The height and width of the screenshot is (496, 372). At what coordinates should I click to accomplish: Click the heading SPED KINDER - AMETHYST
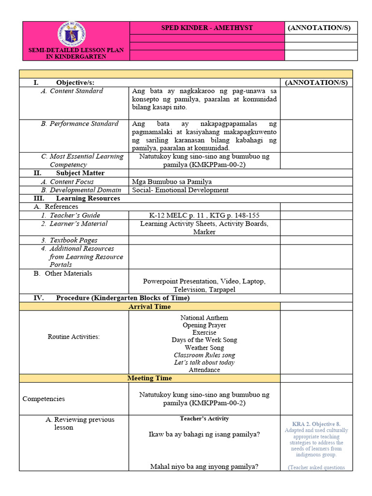(207, 28)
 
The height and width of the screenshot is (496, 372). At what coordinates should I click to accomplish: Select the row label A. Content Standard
(76, 91)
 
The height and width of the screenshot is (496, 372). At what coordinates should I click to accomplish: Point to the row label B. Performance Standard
(79, 124)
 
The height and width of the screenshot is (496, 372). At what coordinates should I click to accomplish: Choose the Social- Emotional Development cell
(180, 190)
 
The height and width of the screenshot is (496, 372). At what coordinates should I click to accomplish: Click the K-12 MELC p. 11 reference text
(204, 215)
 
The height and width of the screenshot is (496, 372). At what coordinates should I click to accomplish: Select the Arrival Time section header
(149, 307)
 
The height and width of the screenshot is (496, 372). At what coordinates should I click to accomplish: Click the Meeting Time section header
(149, 378)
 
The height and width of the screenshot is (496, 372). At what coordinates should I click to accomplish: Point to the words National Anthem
(204, 318)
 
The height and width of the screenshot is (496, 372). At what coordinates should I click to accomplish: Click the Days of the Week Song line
(204, 340)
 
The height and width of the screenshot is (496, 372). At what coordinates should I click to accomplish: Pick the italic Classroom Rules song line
(204, 355)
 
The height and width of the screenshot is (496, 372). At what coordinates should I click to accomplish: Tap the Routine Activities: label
(74, 337)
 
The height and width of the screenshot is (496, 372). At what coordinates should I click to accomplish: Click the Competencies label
(44, 399)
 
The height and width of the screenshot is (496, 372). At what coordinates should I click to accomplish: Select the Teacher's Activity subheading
(204, 418)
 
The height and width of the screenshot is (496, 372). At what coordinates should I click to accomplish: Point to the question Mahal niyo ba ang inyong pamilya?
(204, 467)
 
